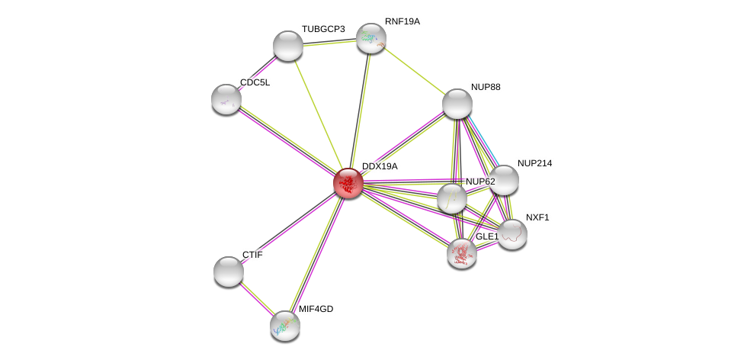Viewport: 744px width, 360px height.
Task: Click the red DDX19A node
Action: click(x=348, y=183)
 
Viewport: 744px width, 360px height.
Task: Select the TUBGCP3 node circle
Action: click(x=288, y=46)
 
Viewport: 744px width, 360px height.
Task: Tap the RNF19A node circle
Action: click(x=371, y=38)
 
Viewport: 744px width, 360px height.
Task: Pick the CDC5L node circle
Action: click(x=226, y=99)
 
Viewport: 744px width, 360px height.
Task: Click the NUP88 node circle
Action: click(x=457, y=104)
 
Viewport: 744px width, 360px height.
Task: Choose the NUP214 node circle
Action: click(x=504, y=180)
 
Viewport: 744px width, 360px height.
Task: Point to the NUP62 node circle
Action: click(x=452, y=198)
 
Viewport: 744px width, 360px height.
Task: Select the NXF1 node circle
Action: click(x=512, y=234)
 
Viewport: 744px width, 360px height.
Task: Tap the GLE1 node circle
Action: click(x=462, y=253)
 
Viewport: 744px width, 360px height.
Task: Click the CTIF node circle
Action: click(x=229, y=272)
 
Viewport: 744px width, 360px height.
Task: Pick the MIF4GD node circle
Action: click(x=285, y=326)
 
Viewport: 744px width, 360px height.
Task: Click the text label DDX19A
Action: click(x=380, y=166)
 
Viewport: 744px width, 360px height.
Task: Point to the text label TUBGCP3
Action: click(x=323, y=29)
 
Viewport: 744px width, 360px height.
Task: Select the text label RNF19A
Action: click(x=402, y=21)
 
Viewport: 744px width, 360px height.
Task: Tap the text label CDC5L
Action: click(x=255, y=82)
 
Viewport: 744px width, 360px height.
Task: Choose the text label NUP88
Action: click(x=486, y=87)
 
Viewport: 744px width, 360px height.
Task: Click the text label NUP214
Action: click(x=534, y=163)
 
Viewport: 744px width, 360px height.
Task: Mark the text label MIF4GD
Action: click(x=316, y=309)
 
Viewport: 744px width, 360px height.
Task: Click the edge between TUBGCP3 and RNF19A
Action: click(x=329, y=42)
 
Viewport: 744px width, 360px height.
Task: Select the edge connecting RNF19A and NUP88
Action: click(x=414, y=71)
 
